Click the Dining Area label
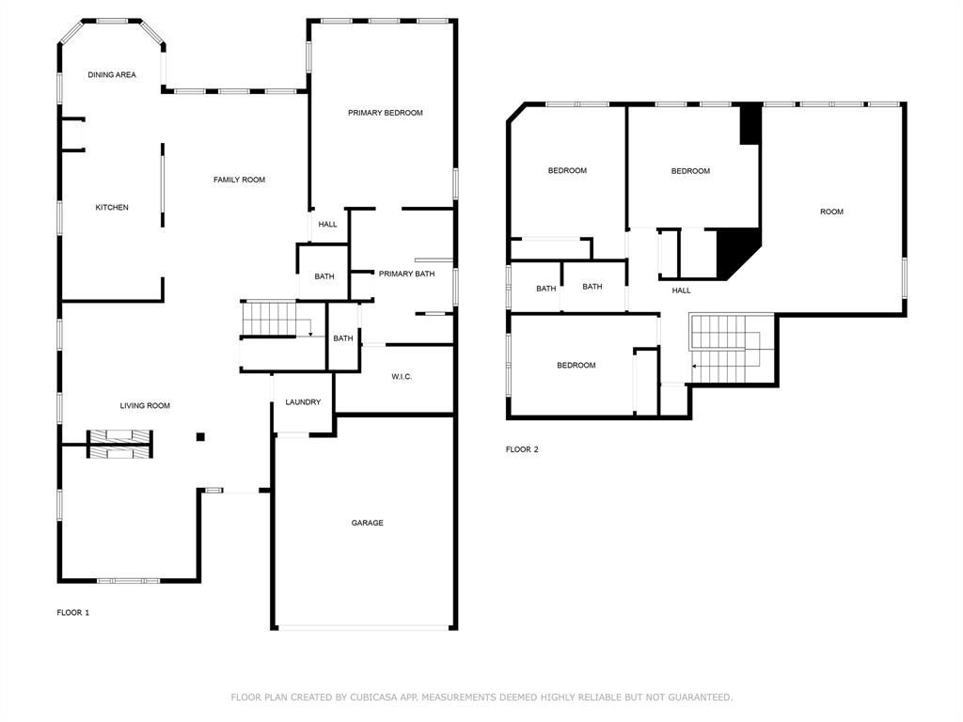point(112,75)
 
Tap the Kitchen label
point(112,208)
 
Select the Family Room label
point(239,180)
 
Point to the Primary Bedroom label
point(385,113)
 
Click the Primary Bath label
point(406,274)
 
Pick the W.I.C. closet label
point(402,376)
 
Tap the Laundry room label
point(303,402)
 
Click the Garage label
point(368,523)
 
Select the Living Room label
point(145,406)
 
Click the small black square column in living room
point(200,437)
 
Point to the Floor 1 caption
point(73,613)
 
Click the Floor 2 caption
point(522,449)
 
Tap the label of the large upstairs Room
point(831,212)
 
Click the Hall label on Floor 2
point(681,290)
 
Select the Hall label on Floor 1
point(327,225)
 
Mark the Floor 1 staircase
point(276,319)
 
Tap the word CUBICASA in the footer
point(374,698)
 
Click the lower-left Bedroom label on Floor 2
point(576,366)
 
